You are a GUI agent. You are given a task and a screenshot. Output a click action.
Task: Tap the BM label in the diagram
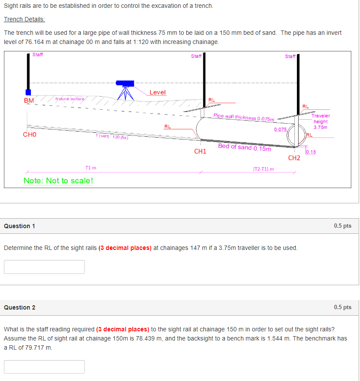click(29, 101)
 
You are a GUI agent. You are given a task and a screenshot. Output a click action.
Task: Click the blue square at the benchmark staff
click(29, 92)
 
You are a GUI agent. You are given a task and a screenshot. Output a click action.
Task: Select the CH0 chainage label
click(30, 135)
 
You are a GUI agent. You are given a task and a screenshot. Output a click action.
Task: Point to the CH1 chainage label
click(200, 152)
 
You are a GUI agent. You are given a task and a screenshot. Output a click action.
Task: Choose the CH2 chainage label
click(294, 158)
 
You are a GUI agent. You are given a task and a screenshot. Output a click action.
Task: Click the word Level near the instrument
click(157, 92)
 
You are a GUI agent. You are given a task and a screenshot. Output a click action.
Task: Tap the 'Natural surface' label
click(70, 99)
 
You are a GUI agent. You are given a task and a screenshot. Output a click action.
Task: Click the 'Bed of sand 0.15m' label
click(244, 147)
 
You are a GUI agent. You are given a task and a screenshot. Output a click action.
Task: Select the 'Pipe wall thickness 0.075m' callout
click(244, 117)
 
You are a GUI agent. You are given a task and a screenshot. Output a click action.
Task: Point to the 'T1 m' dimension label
click(91, 168)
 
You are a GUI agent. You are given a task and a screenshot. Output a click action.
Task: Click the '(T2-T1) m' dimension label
click(263, 169)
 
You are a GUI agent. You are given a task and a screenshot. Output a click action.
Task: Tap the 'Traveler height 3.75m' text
click(320, 121)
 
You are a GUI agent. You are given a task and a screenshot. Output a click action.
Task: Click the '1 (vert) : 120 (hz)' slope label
click(111, 136)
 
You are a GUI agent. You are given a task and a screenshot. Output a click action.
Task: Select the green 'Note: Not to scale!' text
click(58, 181)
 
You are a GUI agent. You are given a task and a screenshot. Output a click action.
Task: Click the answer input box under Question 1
click(44, 267)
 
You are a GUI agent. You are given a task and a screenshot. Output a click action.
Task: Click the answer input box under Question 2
click(44, 367)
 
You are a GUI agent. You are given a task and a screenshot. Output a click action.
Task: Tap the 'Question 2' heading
click(20, 307)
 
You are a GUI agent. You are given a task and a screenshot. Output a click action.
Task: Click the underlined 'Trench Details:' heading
click(24, 20)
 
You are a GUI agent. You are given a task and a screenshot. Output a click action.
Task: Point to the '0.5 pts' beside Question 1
click(343, 226)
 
